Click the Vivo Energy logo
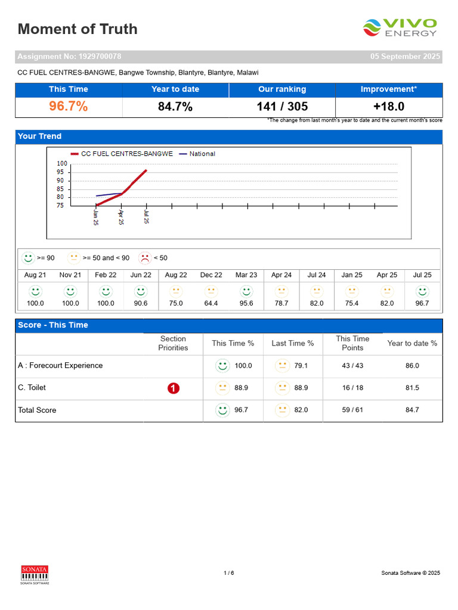400,27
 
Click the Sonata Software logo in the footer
35,575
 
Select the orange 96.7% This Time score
69,106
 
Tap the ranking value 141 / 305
282,107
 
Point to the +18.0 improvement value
389,107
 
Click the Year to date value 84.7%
175,107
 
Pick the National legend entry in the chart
197,154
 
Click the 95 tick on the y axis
60,172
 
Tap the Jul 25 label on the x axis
147,217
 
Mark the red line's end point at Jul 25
147,170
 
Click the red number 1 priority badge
174,388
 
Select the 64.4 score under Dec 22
211,303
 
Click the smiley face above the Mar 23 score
246,291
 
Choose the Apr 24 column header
281,275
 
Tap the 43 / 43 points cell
352,366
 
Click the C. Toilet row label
32,387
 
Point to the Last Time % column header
292,343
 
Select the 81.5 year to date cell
412,388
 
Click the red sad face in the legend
145,258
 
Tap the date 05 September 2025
405,57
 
